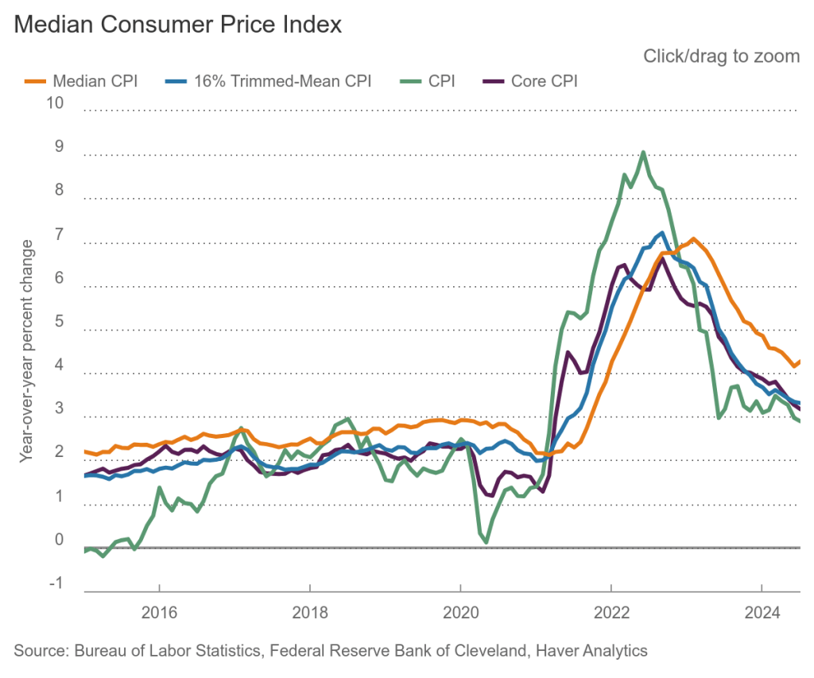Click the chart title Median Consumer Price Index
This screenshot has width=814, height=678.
coord(178,25)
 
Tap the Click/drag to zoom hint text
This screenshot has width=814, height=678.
coord(721,56)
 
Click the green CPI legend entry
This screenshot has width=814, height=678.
coord(429,81)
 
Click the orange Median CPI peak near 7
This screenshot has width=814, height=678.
coord(693,238)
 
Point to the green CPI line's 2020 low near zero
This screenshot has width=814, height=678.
coord(485,542)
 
